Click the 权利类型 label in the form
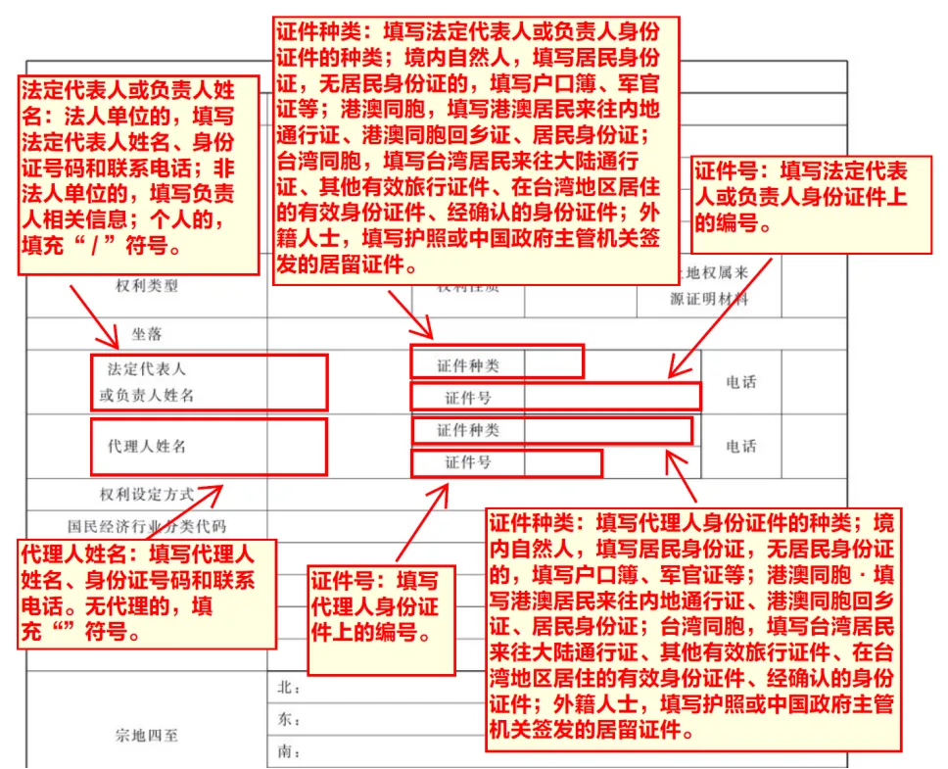pyautogui.click(x=147, y=285)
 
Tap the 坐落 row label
pyautogui.click(x=147, y=334)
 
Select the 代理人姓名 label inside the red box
pyautogui.click(x=146, y=446)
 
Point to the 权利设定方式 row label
pyautogui.click(x=146, y=494)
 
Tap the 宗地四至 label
pyautogui.click(x=147, y=734)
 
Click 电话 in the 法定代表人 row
pyautogui.click(x=740, y=382)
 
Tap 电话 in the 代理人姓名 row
pyautogui.click(x=740, y=446)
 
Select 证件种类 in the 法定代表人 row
pyautogui.click(x=467, y=365)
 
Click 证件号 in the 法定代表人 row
pyautogui.click(x=467, y=397)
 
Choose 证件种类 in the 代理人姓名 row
pyautogui.click(x=467, y=430)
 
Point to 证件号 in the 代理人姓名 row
pyautogui.click(x=467, y=462)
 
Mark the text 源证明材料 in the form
pyautogui.click(x=709, y=299)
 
